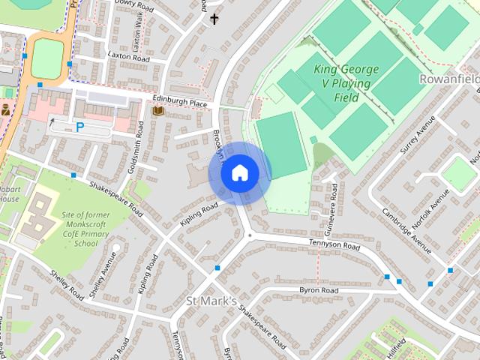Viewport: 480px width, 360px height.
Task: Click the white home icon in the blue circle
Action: [x=239, y=173]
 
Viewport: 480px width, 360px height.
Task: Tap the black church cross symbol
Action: [x=215, y=19]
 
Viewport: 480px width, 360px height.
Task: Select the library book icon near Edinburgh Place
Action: [x=157, y=111]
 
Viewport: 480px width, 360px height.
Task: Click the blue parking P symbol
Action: [x=79, y=127]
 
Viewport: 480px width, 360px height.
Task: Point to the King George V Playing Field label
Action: [x=346, y=83]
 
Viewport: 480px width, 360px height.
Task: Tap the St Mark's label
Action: [x=211, y=301]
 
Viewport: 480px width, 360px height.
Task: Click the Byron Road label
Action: [x=318, y=290]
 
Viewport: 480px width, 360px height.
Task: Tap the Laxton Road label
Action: [x=128, y=56]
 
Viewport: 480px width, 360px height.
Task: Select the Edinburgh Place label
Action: [x=181, y=103]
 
